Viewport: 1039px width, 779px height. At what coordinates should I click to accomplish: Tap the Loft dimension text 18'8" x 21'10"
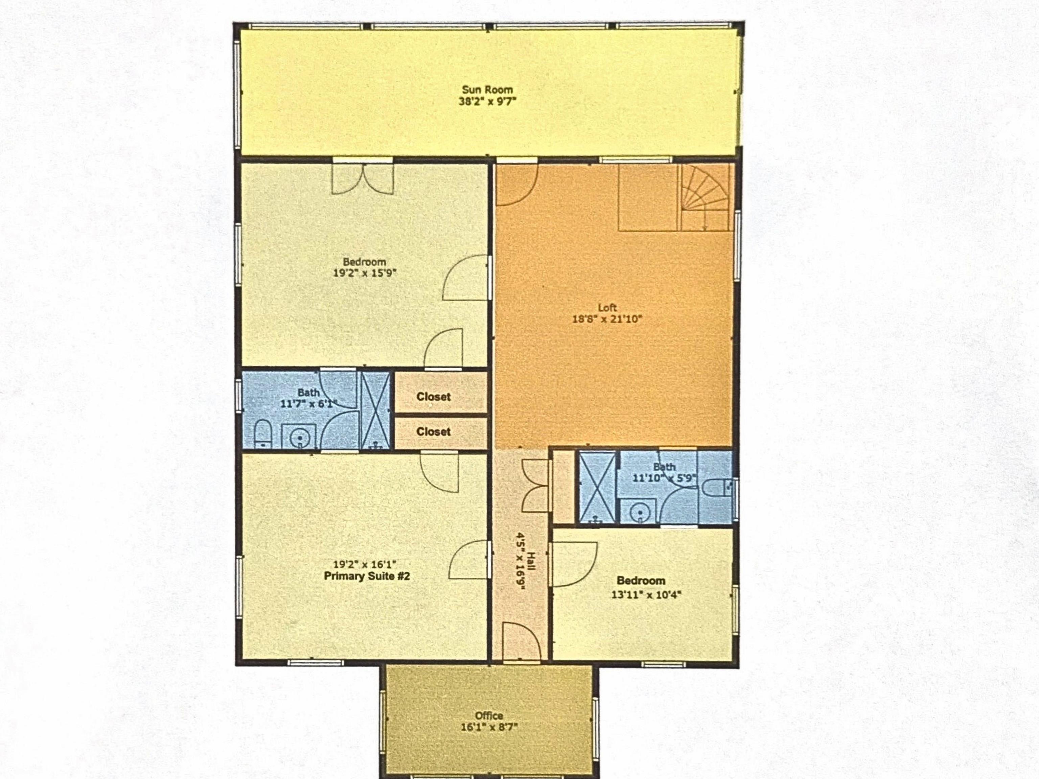(607, 319)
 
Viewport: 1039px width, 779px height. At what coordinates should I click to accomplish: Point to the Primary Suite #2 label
(366, 576)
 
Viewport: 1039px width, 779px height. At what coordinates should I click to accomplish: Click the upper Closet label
(433, 397)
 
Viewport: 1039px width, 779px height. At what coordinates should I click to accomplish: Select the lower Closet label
(433, 431)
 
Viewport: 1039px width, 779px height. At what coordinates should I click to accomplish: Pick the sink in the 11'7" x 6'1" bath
(298, 437)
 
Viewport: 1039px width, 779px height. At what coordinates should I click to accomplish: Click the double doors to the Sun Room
(363, 177)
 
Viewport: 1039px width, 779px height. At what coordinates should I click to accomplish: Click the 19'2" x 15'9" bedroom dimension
(365, 273)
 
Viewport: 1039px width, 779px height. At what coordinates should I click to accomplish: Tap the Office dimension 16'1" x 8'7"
(489, 727)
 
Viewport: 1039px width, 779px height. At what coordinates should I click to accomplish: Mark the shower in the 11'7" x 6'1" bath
(375, 409)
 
